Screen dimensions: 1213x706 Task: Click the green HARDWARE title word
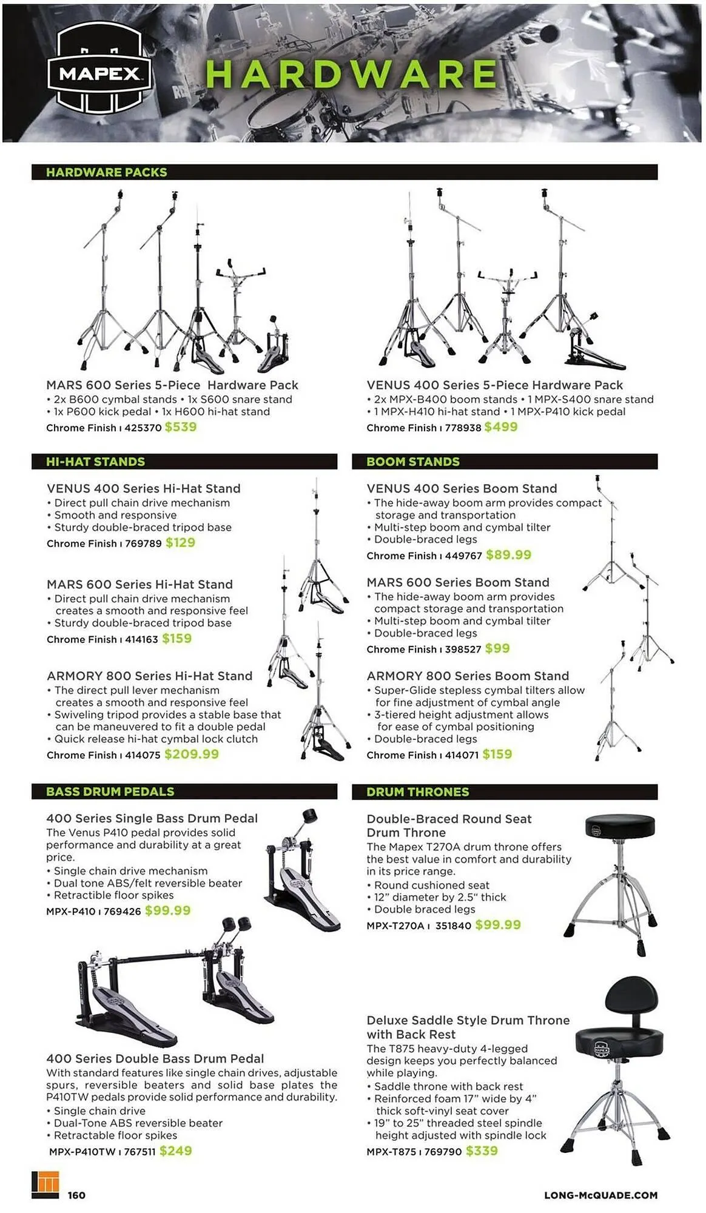click(x=351, y=75)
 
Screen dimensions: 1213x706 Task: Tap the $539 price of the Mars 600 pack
click(x=181, y=427)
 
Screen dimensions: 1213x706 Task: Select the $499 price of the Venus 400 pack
click(x=501, y=427)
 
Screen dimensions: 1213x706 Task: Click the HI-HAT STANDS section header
click(x=96, y=462)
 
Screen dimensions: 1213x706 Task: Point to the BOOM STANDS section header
click(x=413, y=462)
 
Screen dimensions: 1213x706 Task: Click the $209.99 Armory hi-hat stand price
click(x=192, y=754)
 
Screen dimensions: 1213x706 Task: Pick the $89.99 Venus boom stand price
click(x=508, y=555)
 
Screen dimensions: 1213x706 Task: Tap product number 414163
click(x=141, y=639)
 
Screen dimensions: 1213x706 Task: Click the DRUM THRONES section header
click(x=418, y=791)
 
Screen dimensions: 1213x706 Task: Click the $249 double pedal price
click(x=176, y=1151)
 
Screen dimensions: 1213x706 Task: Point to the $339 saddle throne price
click(x=482, y=1151)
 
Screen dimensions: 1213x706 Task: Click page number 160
click(x=76, y=1195)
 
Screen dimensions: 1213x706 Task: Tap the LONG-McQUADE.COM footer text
click(x=600, y=1195)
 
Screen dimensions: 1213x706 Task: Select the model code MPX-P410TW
click(x=82, y=1151)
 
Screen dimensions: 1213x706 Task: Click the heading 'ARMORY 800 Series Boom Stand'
click(x=468, y=676)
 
